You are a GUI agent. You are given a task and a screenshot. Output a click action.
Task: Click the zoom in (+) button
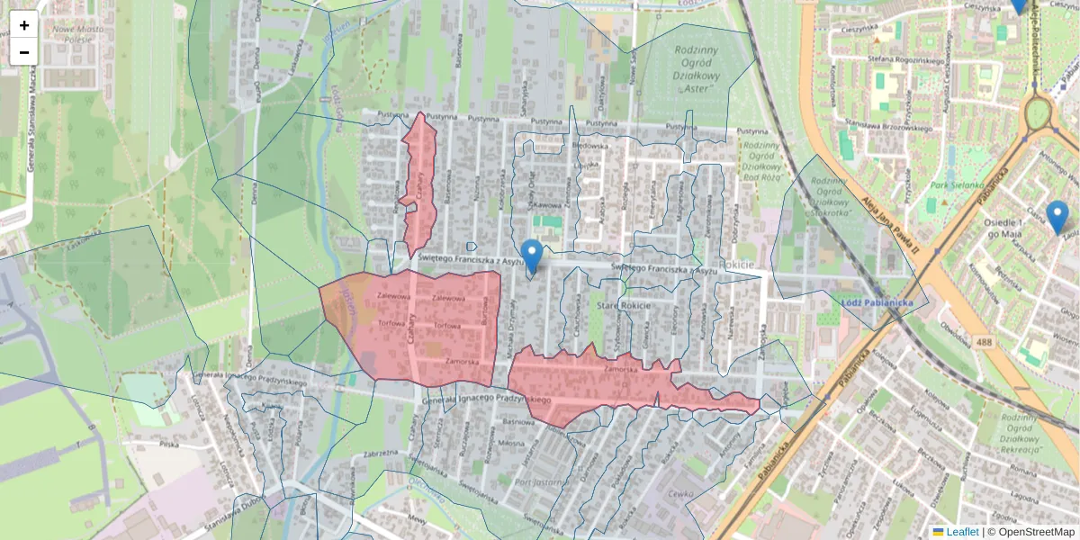coord(24,25)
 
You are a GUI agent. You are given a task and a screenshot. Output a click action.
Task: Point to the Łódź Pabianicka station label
coord(877,302)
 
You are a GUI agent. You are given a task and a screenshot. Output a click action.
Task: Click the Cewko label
coord(681,492)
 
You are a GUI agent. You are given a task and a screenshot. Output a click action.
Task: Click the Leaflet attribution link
coord(962,532)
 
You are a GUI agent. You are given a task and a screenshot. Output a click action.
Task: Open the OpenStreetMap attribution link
coord(1036,532)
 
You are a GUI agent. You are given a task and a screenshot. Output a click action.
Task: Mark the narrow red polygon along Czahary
coord(420,184)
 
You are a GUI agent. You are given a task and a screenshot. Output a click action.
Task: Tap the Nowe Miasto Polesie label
coord(77,35)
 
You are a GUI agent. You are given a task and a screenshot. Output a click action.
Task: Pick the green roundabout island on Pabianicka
coord(1038,112)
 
